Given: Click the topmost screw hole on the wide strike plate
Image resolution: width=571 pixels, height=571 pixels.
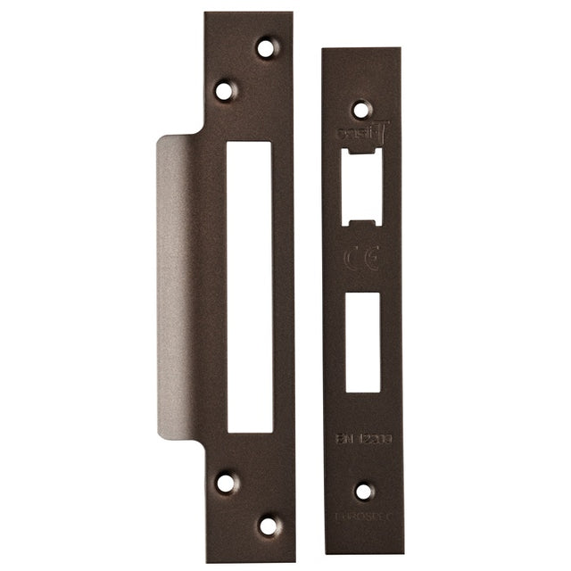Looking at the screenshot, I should pyautogui.click(x=266, y=47).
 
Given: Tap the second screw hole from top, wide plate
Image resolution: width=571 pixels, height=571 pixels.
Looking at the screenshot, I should pyautogui.click(x=224, y=90).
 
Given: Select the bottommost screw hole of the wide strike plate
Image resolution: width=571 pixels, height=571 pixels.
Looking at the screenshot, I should pyautogui.click(x=268, y=525).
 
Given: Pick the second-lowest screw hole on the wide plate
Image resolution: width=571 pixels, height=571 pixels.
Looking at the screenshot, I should pyautogui.click(x=227, y=483).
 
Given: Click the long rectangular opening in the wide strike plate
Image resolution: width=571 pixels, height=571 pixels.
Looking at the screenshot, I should pyautogui.click(x=249, y=286).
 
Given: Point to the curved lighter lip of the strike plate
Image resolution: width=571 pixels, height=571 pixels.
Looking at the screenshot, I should pyautogui.click(x=177, y=285).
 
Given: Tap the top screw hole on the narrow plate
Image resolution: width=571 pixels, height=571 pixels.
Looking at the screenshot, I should pyautogui.click(x=360, y=110).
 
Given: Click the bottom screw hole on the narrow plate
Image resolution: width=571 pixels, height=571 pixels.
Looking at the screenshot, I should pyautogui.click(x=363, y=492).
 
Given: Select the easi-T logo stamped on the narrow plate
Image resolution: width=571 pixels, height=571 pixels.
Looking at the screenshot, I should pyautogui.click(x=361, y=133).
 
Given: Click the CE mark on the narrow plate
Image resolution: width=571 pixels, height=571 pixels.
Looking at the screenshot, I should pyautogui.click(x=362, y=261).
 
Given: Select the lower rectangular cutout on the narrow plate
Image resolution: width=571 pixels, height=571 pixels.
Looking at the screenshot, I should pyautogui.click(x=363, y=341).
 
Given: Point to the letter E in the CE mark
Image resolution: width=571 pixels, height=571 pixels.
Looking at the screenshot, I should pyautogui.click(x=371, y=261).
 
